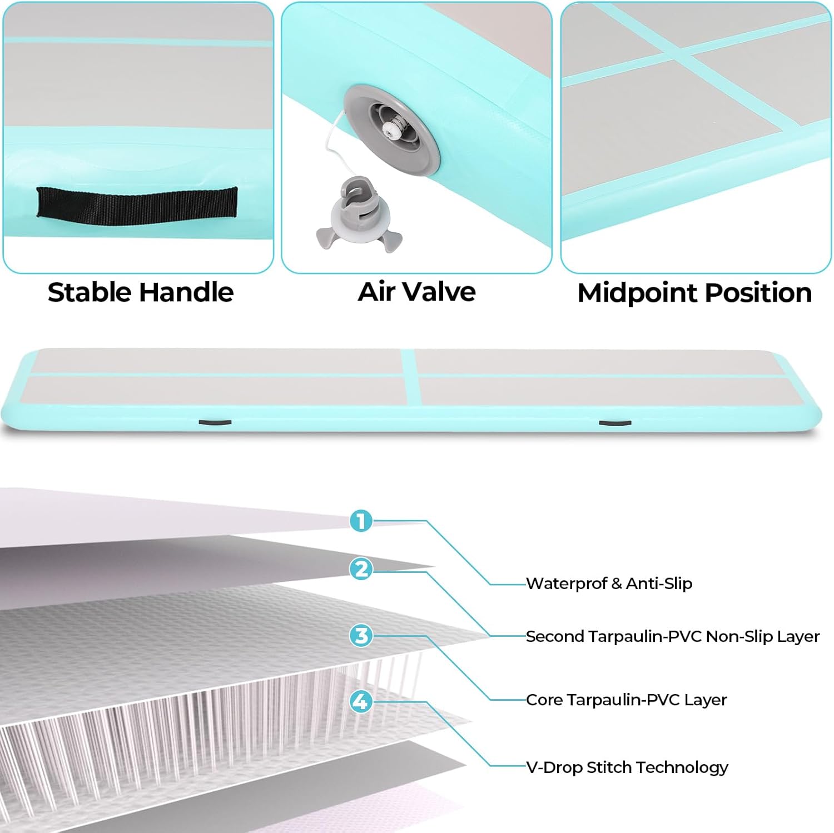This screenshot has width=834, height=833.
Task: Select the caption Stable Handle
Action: tap(141, 292)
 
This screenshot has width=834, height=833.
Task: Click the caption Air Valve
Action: tap(416, 292)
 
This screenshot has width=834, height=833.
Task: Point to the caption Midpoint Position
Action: tap(694, 293)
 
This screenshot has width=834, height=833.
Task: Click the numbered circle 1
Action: tap(361, 521)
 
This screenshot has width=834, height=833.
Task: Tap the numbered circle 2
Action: tap(361, 569)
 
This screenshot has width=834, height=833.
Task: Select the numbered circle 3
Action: tap(361, 635)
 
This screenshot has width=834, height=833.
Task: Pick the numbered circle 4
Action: tap(361, 701)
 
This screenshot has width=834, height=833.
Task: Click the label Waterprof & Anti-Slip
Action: tap(609, 583)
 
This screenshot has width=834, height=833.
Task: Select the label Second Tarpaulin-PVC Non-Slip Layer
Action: tap(672, 636)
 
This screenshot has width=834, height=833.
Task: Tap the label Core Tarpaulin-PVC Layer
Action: tap(626, 700)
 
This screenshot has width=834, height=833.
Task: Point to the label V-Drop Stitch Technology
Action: tap(627, 767)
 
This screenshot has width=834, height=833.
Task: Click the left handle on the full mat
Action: tap(215, 422)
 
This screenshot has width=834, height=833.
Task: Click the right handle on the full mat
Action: tap(614, 423)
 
